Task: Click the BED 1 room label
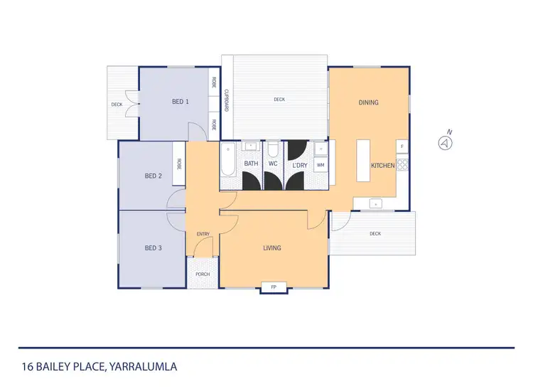[181, 102]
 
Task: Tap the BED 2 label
[154, 176]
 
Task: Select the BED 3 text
[154, 247]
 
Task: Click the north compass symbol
[446, 142]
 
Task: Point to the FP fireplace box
[274, 287]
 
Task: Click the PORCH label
[202, 275]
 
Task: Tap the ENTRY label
[203, 234]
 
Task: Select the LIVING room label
[272, 248]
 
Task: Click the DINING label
[368, 102]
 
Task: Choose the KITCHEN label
[382, 166]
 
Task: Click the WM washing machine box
[321, 165]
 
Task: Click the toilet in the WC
[273, 149]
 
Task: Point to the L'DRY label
[299, 165]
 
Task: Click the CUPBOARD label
[227, 102]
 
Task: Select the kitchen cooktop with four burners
[403, 165]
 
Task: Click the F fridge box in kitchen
[402, 147]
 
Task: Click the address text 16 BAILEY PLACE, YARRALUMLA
[98, 367]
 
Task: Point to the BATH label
[252, 164]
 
